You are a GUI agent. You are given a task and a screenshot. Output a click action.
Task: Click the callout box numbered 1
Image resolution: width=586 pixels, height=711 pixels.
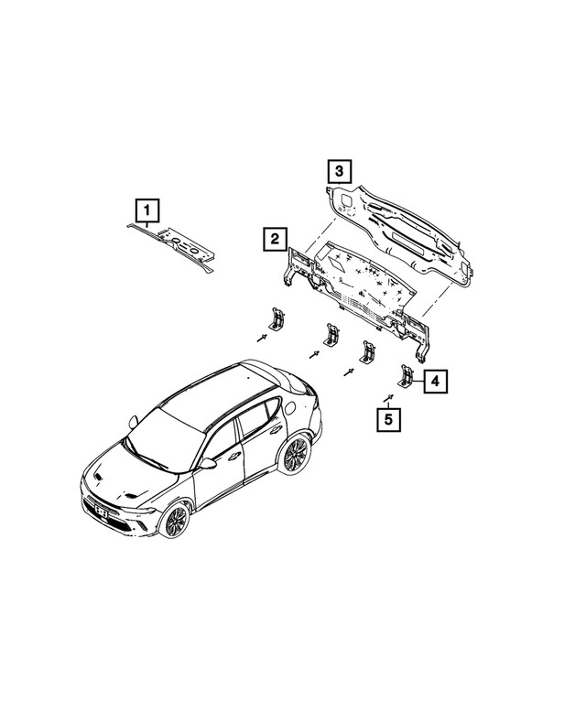pyautogui.click(x=146, y=210)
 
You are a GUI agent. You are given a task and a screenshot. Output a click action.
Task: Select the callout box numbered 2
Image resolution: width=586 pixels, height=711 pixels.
pyautogui.click(x=275, y=239)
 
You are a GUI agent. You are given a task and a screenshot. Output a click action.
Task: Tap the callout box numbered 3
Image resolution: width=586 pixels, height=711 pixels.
pyautogui.click(x=340, y=171)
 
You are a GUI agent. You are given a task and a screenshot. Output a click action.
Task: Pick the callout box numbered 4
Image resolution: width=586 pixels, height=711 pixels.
pyautogui.click(x=436, y=382)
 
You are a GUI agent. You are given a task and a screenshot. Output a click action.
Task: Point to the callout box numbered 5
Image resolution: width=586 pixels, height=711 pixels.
pyautogui.click(x=389, y=419)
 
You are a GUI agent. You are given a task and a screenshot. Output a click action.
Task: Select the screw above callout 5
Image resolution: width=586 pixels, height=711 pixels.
pyautogui.click(x=388, y=398)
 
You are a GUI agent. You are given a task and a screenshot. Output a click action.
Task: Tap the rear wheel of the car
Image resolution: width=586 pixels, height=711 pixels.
pyautogui.click(x=294, y=455)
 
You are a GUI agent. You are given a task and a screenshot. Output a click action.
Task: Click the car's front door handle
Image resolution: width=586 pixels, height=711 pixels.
pyautogui.click(x=234, y=457)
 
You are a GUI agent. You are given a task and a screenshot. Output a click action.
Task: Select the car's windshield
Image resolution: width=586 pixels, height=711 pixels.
pyautogui.click(x=166, y=439)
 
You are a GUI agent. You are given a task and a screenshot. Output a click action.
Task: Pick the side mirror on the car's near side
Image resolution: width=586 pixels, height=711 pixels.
pyautogui.click(x=208, y=463)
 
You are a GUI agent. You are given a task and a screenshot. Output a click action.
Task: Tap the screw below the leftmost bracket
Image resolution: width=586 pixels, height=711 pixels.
pyautogui.click(x=262, y=338)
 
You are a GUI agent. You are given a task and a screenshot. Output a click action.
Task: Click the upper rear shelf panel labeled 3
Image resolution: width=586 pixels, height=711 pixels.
pyautogui.click(x=400, y=233)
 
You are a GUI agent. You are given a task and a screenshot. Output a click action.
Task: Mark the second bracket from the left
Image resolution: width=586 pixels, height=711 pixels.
pyautogui.click(x=331, y=334)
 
